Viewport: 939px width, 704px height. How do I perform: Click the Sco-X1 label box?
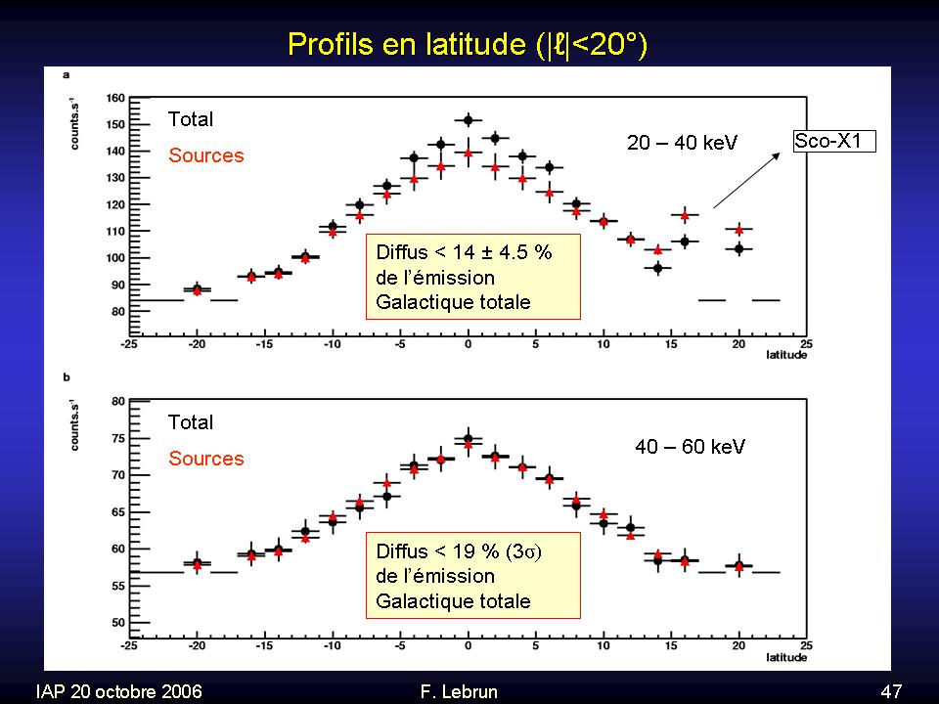click(832, 141)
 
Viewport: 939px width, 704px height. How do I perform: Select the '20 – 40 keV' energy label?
click(682, 144)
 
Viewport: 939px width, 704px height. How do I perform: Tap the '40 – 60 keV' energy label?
click(691, 447)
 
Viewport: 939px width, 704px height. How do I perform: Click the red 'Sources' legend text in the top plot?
click(206, 155)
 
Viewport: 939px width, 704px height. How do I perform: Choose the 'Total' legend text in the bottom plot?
click(191, 422)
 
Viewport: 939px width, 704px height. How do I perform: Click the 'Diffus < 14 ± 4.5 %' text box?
click(473, 277)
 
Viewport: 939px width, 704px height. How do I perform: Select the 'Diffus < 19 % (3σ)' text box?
click(473, 576)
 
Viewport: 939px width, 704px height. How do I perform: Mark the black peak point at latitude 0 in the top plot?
click(469, 120)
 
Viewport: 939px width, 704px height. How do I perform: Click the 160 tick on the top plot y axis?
click(115, 98)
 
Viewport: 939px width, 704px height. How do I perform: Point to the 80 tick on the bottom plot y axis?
click(117, 401)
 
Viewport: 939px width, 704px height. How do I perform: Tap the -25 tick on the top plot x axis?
click(129, 344)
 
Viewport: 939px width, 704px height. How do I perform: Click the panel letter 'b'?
click(66, 375)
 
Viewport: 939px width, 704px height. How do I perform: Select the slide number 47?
click(891, 691)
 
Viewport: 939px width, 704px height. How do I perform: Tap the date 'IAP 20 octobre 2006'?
click(118, 691)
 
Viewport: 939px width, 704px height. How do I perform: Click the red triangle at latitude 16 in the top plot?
click(685, 215)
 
